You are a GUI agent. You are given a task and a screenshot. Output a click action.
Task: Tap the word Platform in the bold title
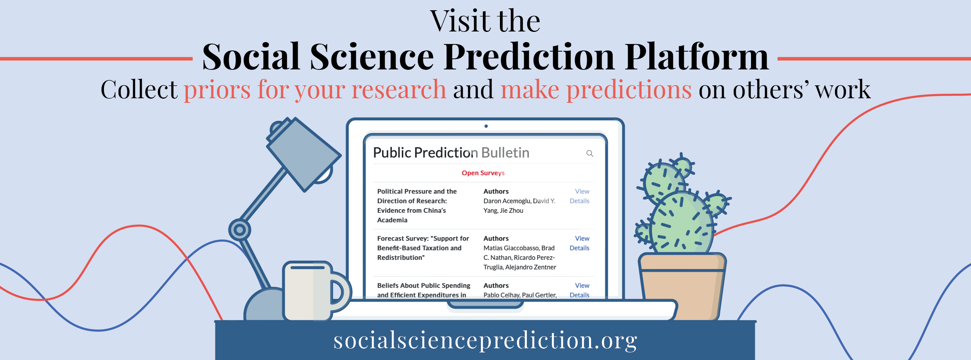[696, 57]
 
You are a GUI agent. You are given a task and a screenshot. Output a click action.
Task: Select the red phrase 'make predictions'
[596, 90]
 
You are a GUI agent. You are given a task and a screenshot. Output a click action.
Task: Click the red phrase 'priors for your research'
[315, 90]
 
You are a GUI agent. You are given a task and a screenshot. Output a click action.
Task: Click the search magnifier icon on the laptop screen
[590, 153]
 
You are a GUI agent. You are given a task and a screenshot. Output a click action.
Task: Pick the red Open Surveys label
[483, 173]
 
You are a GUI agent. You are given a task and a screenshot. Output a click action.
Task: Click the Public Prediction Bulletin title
[451, 152]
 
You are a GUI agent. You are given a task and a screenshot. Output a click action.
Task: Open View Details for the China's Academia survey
[580, 196]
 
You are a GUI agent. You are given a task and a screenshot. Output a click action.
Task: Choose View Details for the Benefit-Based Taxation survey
[580, 243]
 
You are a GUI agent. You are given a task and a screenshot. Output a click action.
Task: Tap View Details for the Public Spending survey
[580, 290]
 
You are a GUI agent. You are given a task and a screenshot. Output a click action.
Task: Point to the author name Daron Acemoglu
[507, 201]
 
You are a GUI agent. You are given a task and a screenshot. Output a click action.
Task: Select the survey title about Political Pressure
[417, 206]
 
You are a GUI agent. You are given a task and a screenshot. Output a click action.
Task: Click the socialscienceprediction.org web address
[485, 340]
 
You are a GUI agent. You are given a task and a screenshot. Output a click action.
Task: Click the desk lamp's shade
[303, 154]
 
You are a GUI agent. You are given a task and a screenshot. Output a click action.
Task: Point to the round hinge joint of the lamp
[239, 230]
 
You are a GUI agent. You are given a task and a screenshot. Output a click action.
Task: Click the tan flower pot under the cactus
[682, 287]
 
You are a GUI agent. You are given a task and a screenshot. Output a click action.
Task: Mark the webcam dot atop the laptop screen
[486, 126]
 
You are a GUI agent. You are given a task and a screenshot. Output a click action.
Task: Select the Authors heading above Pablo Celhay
[496, 286]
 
